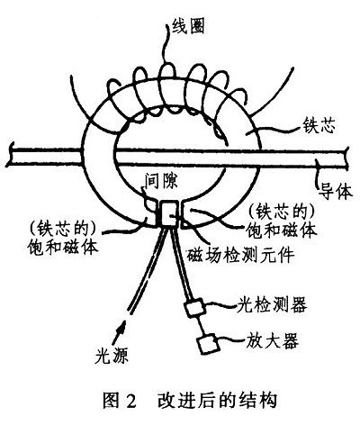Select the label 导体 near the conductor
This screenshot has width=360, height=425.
point(335,191)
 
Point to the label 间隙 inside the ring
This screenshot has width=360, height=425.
point(161,180)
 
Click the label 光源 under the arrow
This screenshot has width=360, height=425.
point(112,357)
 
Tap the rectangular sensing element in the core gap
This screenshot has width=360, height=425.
point(168,213)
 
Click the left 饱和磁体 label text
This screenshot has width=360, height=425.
point(63,248)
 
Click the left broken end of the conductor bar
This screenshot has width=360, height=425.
point(11,154)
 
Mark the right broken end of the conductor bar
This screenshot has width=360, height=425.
point(348,158)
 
